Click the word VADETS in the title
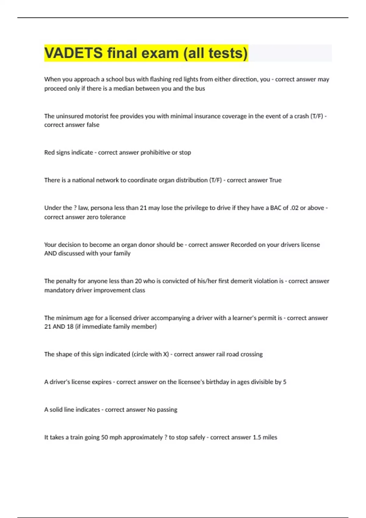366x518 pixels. (74, 53)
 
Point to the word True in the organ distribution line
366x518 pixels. (275, 180)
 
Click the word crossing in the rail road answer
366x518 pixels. (251, 354)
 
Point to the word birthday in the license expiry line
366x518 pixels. (217, 382)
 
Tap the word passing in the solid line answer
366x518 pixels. (167, 410)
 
